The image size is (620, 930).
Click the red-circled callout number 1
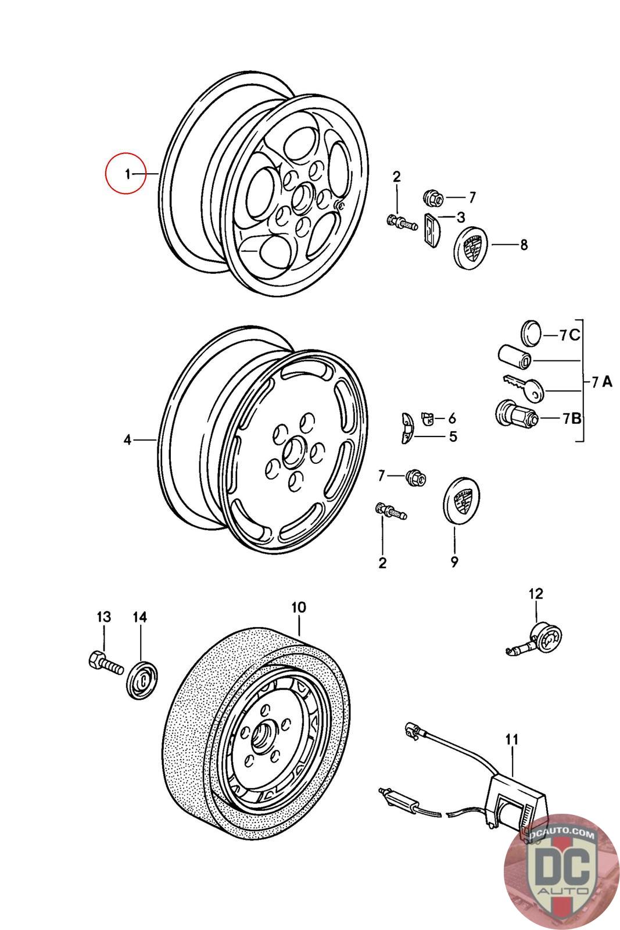(x=128, y=174)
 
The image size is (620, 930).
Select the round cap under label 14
(x=142, y=681)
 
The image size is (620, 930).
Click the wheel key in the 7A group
(x=522, y=387)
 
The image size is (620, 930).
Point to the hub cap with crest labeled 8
(x=470, y=248)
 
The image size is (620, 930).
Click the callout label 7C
(x=569, y=335)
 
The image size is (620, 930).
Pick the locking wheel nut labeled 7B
(x=516, y=413)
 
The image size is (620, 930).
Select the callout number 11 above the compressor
(x=512, y=739)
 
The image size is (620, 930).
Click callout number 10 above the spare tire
(x=299, y=607)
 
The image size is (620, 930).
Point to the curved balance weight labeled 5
(x=407, y=428)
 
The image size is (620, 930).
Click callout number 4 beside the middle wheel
(x=127, y=439)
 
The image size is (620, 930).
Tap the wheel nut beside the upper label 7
(x=433, y=196)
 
